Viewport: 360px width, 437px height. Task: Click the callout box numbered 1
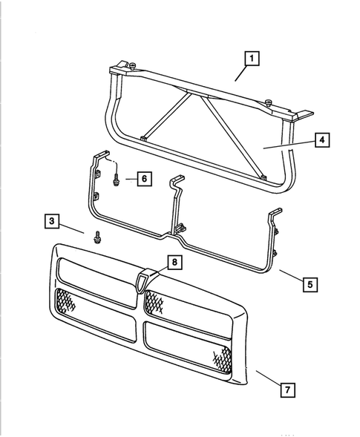click(252, 57)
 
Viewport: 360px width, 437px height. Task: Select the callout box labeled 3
click(50, 220)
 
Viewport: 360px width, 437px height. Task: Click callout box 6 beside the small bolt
click(144, 179)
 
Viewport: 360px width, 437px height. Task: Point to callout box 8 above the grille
click(172, 262)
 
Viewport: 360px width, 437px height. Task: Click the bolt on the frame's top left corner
click(131, 68)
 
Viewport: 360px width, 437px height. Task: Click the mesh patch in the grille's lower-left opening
click(64, 301)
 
